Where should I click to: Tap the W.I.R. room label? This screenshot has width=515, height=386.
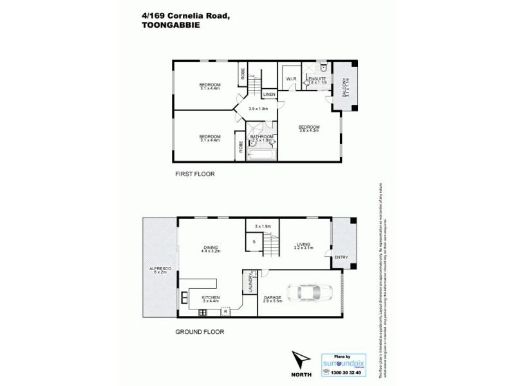click(291, 80)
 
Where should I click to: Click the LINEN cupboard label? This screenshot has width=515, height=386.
click(269, 95)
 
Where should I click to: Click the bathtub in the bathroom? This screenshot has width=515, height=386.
click(261, 154)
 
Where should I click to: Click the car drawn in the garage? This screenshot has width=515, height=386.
click(311, 293)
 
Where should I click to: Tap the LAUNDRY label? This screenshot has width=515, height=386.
click(247, 284)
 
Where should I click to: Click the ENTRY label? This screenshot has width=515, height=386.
click(341, 258)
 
